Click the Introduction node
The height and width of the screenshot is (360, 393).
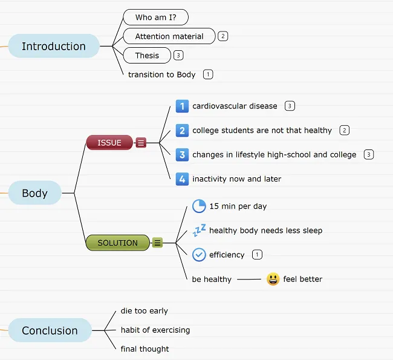pyautogui.click(x=54, y=46)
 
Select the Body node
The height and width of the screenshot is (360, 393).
pyautogui.click(x=34, y=193)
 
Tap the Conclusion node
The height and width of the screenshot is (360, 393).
pyautogui.click(x=50, y=330)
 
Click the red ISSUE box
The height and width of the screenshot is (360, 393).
pyautogui.click(x=109, y=143)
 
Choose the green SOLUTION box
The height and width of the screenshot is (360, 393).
pyautogui.click(x=117, y=243)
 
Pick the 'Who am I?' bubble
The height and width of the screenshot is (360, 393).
pyautogui.click(x=155, y=17)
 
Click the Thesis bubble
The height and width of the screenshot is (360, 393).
pyautogui.click(x=147, y=55)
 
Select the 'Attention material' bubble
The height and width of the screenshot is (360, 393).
pyautogui.click(x=169, y=36)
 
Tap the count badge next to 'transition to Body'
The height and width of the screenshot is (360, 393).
pyautogui.click(x=209, y=74)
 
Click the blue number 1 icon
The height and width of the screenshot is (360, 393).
pyautogui.click(x=182, y=106)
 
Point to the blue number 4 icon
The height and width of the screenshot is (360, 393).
pyautogui.click(x=182, y=179)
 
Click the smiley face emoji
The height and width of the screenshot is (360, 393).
pyautogui.click(x=273, y=279)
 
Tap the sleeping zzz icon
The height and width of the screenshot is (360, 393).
pyautogui.click(x=199, y=230)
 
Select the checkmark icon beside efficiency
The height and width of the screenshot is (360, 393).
pyautogui.click(x=199, y=255)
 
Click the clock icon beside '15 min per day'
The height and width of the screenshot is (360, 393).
pyautogui.click(x=199, y=206)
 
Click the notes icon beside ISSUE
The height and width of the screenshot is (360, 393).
pyautogui.click(x=141, y=143)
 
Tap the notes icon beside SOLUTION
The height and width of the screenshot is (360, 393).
pyautogui.click(x=157, y=243)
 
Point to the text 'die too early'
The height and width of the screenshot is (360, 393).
pyautogui.click(x=144, y=311)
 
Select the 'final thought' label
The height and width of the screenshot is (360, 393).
pyautogui.click(x=145, y=349)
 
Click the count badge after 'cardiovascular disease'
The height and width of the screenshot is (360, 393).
pyautogui.click(x=290, y=106)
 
